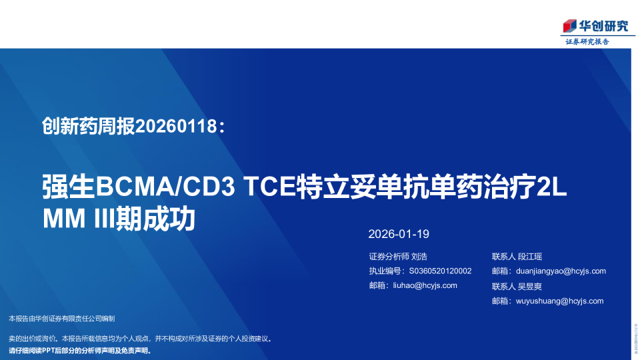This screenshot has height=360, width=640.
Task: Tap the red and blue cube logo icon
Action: pyautogui.click(x=569, y=26)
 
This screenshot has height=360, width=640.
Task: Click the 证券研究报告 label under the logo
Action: pyautogui.click(x=587, y=41)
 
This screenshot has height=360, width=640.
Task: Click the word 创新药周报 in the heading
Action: pyautogui.click(x=88, y=125)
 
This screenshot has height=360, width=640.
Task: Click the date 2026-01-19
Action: pyautogui.click(x=399, y=234)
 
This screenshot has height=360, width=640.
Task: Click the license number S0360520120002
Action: pyautogui.click(x=440, y=271)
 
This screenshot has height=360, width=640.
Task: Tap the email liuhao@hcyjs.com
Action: pyautogui.click(x=424, y=285)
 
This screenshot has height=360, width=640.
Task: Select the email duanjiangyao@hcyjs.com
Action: pyautogui.click(x=561, y=271)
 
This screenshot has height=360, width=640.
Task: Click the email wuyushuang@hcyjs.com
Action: pyautogui.click(x=559, y=301)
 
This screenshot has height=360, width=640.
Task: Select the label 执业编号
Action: pyautogui.click(x=385, y=271)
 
